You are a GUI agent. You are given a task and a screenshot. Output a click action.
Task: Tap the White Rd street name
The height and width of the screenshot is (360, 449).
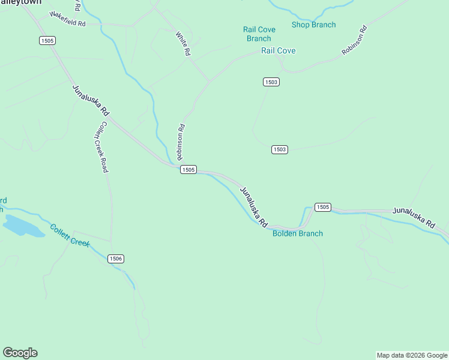click(x=184, y=44)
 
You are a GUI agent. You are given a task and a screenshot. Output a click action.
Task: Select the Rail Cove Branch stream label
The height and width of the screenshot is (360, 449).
click(x=259, y=34)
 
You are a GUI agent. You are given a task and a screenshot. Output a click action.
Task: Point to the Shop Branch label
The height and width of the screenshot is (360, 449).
click(x=313, y=25)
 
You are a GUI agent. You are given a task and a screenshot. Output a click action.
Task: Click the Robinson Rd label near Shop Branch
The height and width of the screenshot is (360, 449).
click(x=354, y=41)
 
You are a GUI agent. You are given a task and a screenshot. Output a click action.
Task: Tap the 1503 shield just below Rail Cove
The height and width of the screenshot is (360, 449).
click(x=271, y=82)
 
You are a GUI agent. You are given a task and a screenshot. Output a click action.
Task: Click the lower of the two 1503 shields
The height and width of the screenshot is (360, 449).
click(x=280, y=149)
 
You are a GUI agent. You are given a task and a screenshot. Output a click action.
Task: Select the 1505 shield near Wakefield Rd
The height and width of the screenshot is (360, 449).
click(x=47, y=40)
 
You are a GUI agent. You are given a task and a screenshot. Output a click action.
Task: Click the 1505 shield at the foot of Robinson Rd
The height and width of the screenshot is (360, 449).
click(x=188, y=170)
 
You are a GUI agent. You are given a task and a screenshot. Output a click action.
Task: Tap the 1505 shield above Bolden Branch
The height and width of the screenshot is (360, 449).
click(x=322, y=207)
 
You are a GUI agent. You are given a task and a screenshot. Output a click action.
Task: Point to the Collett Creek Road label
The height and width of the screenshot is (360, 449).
click(x=100, y=147)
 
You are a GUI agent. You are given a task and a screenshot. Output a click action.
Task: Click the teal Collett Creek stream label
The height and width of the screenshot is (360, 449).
click(x=70, y=236)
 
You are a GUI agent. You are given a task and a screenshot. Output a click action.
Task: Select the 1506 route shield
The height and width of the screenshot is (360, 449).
click(x=116, y=259)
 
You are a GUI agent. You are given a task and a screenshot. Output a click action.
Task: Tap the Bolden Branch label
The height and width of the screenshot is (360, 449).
click(x=298, y=233)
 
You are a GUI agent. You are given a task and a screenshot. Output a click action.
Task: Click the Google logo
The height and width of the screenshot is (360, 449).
click(x=20, y=353)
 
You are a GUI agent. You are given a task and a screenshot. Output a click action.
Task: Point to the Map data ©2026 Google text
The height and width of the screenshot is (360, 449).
click(x=412, y=355)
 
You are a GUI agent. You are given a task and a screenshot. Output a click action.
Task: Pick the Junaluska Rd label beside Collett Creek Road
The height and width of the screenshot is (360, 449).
click(x=91, y=100)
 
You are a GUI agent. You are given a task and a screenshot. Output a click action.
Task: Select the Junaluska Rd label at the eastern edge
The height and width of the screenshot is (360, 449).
click(x=414, y=217)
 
